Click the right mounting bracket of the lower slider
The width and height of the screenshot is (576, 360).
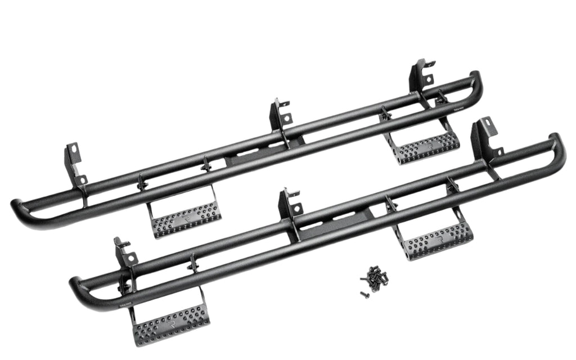click(x=485, y=139)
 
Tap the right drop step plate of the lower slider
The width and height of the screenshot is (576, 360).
click(x=439, y=240)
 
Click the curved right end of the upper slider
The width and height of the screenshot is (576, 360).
click(x=474, y=84)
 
